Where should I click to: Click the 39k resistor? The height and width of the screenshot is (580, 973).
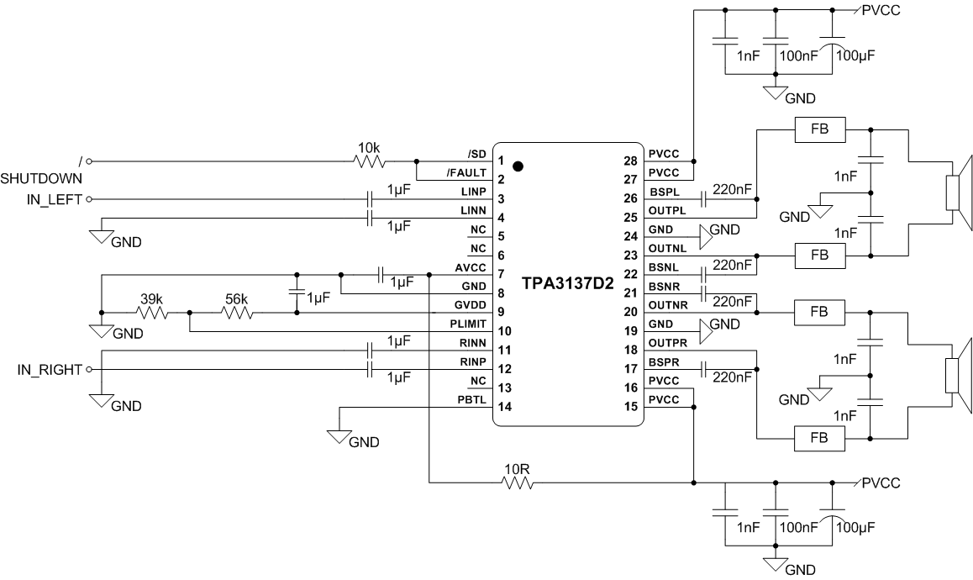pyautogui.click(x=153, y=314)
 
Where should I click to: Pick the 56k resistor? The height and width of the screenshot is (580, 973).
pyautogui.click(x=238, y=314)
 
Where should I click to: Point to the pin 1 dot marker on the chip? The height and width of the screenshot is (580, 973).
pyautogui.click(x=518, y=166)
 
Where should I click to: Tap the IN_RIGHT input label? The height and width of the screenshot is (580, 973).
pyautogui.click(x=50, y=369)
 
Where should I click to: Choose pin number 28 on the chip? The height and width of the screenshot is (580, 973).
pyautogui.click(x=630, y=160)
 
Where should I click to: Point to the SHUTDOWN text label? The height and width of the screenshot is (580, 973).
pyautogui.click(x=41, y=178)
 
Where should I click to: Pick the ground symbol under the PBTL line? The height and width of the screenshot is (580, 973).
pyautogui.click(x=339, y=437)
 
